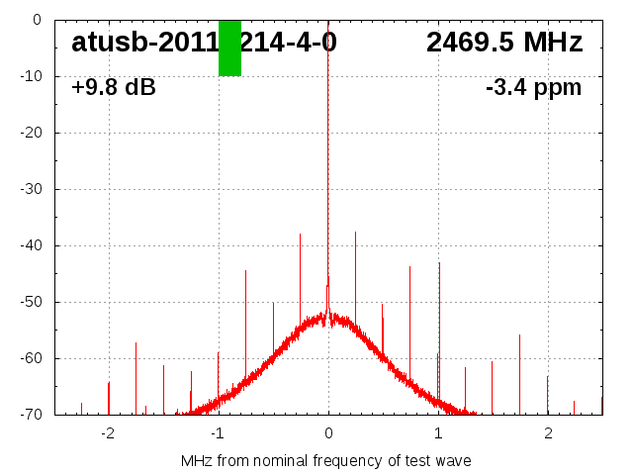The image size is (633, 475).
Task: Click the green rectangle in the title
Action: [229, 47]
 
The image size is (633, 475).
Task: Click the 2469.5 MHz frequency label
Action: [504, 43]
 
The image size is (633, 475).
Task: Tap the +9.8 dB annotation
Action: [113, 87]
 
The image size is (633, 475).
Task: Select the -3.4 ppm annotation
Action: [533, 87]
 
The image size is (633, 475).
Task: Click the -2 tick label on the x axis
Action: [108, 432]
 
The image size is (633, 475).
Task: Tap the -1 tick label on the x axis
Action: [218, 432]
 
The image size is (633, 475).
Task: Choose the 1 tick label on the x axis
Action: [438, 432]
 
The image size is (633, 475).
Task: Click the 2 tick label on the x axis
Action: [548, 432]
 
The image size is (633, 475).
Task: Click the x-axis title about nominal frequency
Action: [326, 460]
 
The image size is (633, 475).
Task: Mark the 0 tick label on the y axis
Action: [36, 20]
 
